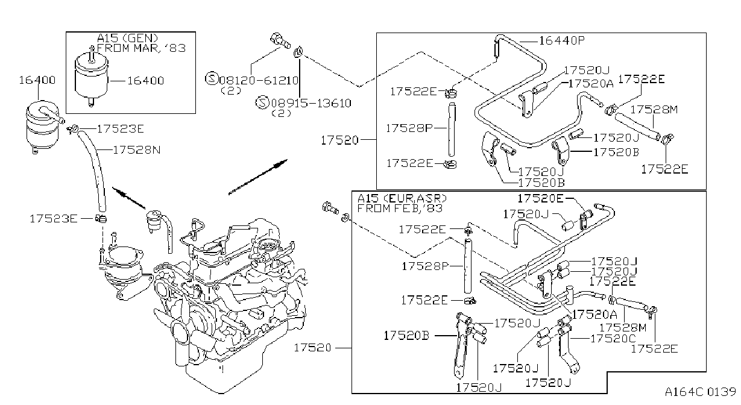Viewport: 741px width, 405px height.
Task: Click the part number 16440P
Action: click(562, 40)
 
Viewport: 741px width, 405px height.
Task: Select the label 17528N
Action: click(137, 150)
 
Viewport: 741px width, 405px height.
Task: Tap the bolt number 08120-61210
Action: click(259, 80)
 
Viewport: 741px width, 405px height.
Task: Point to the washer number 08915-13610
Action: click(311, 103)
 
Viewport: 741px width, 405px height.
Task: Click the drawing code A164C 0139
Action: click(701, 392)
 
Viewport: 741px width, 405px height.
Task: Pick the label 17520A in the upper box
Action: click(591, 84)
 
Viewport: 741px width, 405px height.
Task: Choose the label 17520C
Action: click(613, 339)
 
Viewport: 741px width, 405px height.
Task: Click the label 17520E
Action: click(540, 198)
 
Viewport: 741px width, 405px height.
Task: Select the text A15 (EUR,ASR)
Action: click(402, 198)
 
